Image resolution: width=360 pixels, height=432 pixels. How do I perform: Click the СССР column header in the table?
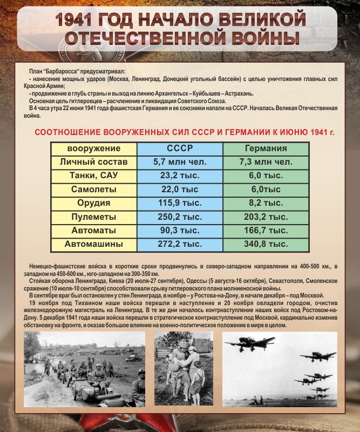(180, 148)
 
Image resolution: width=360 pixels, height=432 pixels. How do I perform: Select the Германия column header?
(266, 148)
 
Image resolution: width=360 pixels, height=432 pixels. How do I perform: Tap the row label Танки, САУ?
(94, 175)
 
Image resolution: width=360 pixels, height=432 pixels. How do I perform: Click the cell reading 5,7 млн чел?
(180, 161)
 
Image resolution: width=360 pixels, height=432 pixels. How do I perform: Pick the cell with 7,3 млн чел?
(266, 161)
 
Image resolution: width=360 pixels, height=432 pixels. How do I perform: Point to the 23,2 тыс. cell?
(180, 175)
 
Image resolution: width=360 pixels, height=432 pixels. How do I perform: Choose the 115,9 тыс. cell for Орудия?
(180, 203)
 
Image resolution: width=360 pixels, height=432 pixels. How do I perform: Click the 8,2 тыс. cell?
(266, 203)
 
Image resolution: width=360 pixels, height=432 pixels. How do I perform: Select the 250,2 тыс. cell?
(180, 217)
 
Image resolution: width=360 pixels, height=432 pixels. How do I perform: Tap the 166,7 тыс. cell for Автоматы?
(266, 231)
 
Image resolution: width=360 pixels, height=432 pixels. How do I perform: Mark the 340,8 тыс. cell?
(266, 245)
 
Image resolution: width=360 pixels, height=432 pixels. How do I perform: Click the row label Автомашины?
(94, 245)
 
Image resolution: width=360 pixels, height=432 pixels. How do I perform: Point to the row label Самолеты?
(94, 190)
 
